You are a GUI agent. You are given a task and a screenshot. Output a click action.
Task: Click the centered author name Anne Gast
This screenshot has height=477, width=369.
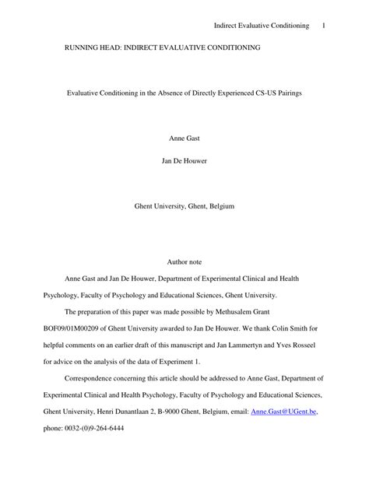184,138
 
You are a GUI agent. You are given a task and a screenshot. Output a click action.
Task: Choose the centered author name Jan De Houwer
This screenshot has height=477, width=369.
184,161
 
